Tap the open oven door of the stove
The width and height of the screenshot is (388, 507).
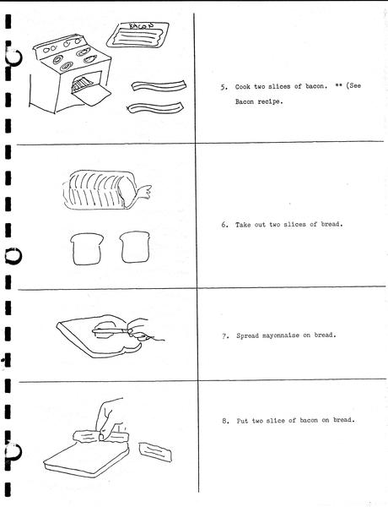pyautogui.click(x=92, y=96)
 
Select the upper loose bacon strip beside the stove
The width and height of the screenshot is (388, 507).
pyautogui.click(x=159, y=85)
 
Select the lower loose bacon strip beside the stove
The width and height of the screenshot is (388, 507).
pyautogui.click(x=155, y=107)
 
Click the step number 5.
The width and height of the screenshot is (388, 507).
pyautogui.click(x=224, y=87)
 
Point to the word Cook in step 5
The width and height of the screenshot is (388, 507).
pyautogui.click(x=242, y=87)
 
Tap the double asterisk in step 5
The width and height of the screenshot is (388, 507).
pyautogui.click(x=338, y=85)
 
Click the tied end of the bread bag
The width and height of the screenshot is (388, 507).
pyautogui.click(x=143, y=192)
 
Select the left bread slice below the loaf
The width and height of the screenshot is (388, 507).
pyautogui.click(x=87, y=249)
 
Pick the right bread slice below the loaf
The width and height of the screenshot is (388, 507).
pyautogui.click(x=135, y=247)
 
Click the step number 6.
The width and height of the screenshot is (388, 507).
pyautogui.click(x=224, y=225)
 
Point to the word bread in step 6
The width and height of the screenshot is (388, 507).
pyautogui.click(x=331, y=224)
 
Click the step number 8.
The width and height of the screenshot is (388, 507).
pyautogui.click(x=225, y=421)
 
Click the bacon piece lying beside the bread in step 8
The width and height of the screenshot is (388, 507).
pyautogui.click(x=155, y=452)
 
